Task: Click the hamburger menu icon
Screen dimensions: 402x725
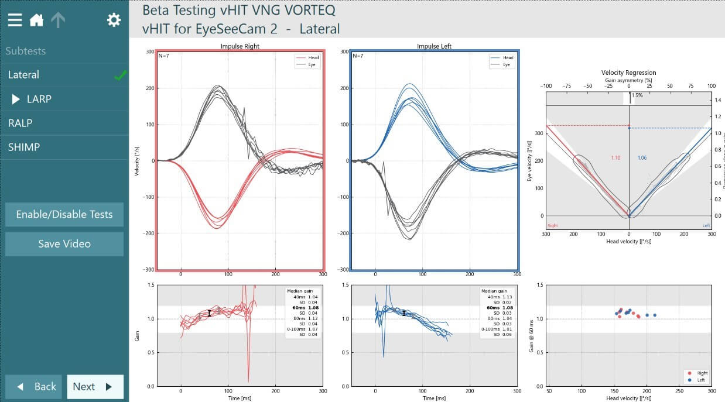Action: (x=15, y=20)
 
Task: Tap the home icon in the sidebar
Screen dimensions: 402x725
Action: (x=36, y=20)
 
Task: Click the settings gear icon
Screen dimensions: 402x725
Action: (x=114, y=20)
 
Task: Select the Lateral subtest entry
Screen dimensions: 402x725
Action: (x=24, y=75)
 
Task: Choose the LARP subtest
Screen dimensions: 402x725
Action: (x=39, y=99)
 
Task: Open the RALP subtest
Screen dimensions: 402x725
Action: (x=20, y=123)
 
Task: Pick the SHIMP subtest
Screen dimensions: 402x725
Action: (x=23, y=147)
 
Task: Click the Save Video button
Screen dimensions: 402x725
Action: (x=64, y=244)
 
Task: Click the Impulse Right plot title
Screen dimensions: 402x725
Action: (x=240, y=46)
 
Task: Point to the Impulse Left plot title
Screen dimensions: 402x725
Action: (x=434, y=46)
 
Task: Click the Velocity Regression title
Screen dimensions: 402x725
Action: (x=629, y=73)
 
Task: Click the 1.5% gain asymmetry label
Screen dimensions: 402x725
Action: (x=637, y=95)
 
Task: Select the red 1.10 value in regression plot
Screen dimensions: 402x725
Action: (x=615, y=158)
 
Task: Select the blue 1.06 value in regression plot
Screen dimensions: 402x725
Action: (x=641, y=158)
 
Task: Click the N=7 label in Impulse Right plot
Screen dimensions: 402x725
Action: (x=164, y=56)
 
